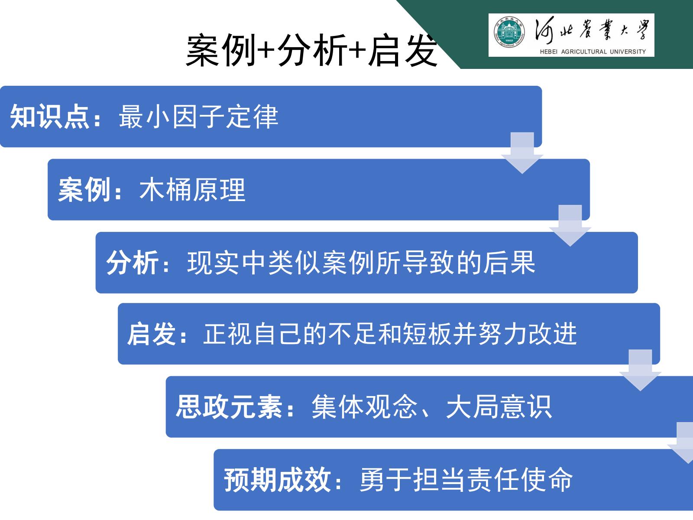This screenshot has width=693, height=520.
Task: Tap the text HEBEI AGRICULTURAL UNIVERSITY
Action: click(x=593, y=52)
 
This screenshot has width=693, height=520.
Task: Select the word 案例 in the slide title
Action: click(x=221, y=50)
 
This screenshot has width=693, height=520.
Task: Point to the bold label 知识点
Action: click(x=49, y=117)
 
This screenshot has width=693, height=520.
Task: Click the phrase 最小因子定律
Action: click(x=198, y=117)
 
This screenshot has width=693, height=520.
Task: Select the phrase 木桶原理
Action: click(x=192, y=189)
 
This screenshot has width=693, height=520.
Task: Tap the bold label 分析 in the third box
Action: click(x=132, y=263)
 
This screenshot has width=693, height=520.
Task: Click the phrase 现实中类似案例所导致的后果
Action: click(x=361, y=263)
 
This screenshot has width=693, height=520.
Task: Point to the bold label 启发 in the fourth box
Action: click(x=152, y=334)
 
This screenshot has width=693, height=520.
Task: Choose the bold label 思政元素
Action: click(x=229, y=407)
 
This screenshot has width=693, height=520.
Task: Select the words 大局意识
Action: click(x=499, y=407)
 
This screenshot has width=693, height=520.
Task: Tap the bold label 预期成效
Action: click(x=277, y=480)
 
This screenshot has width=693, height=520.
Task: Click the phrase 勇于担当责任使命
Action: click(x=466, y=480)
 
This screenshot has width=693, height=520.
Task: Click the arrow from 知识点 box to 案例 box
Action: click(x=522, y=153)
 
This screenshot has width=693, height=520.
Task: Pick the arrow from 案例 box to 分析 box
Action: click(x=570, y=226)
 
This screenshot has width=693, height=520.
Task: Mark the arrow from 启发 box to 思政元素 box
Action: click(x=640, y=370)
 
